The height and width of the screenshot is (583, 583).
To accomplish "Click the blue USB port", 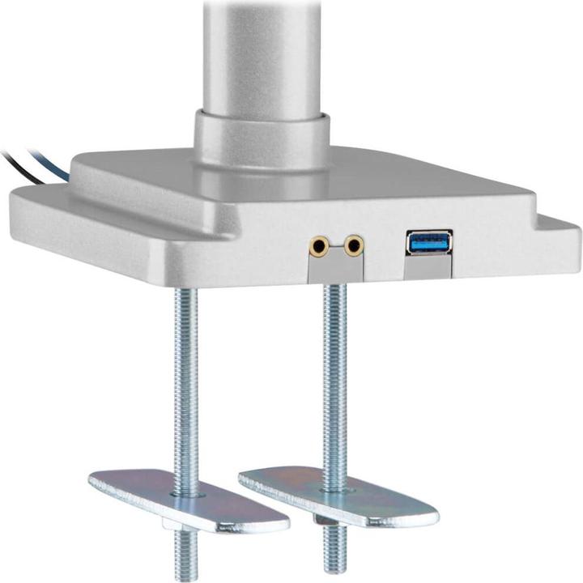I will point(428,242).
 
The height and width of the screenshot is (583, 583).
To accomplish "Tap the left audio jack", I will point(321,245).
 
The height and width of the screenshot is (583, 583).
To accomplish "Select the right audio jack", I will point(353,245).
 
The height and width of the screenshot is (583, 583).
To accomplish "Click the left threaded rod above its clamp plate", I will point(185,372).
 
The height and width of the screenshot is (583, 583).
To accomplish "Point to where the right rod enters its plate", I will point(336,487).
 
